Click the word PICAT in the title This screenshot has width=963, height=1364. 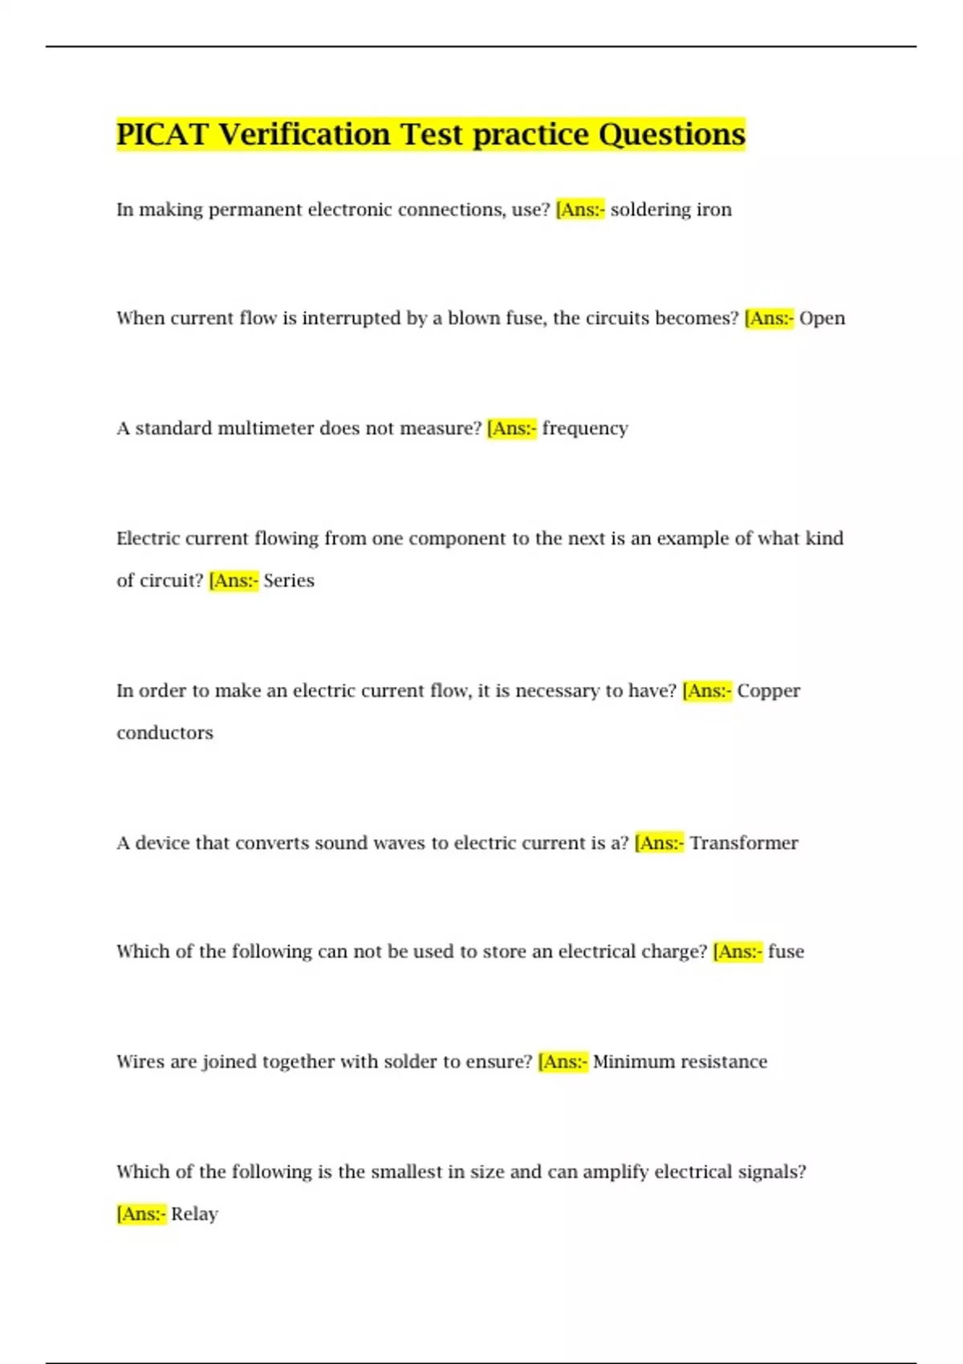click(x=163, y=134)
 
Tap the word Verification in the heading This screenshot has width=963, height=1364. click(x=304, y=134)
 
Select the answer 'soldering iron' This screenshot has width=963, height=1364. click(x=671, y=209)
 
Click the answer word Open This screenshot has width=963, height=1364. click(x=822, y=319)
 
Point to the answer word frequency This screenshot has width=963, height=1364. click(x=585, y=428)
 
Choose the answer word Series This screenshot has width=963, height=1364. click(x=289, y=581)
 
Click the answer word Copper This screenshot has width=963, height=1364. click(x=768, y=691)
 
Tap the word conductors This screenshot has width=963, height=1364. click(x=165, y=733)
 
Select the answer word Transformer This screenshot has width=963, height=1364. click(x=744, y=843)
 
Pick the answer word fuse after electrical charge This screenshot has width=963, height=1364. click(x=786, y=952)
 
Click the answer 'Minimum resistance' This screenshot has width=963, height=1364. click(x=680, y=1062)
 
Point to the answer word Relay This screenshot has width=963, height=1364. click(x=194, y=1214)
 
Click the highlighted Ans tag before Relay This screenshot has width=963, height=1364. click(x=141, y=1214)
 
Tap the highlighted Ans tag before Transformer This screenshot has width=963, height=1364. click(x=659, y=843)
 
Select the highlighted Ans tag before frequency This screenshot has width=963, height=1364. click(x=511, y=428)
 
